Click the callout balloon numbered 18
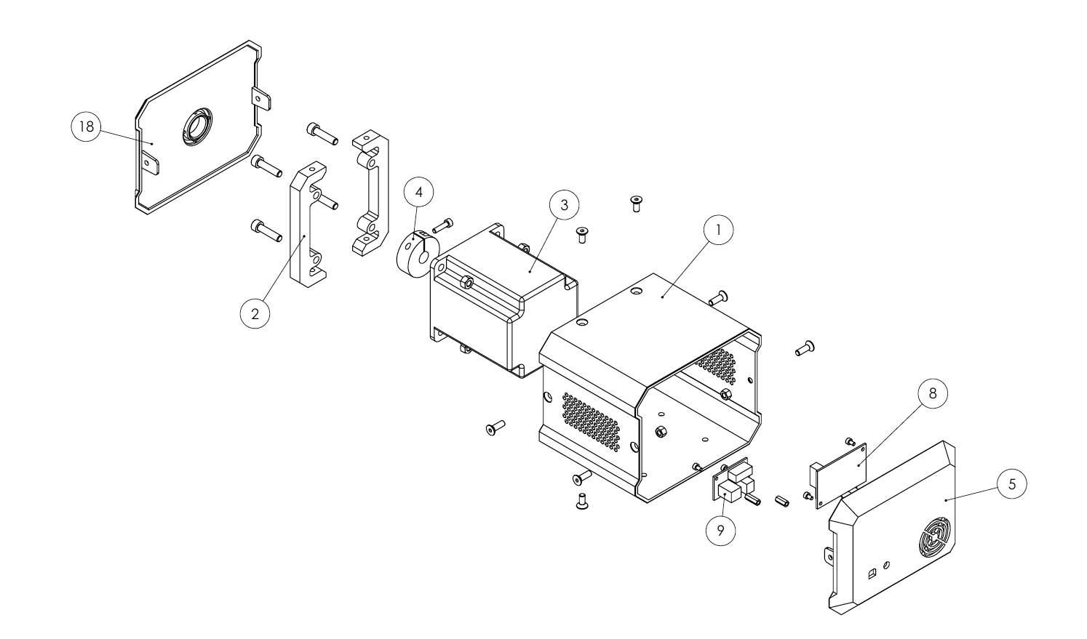(x=87, y=126)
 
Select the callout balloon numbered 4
(x=419, y=192)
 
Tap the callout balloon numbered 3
(x=565, y=205)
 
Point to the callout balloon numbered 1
(x=718, y=230)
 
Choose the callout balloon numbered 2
(x=255, y=313)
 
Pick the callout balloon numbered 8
(x=933, y=394)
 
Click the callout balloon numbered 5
(x=1012, y=484)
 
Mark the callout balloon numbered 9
(x=720, y=531)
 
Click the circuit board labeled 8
(x=838, y=475)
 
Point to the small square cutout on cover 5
(x=871, y=574)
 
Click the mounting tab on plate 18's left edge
(x=150, y=162)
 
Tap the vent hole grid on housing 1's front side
(x=592, y=420)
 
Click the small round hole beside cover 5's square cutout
(x=887, y=565)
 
